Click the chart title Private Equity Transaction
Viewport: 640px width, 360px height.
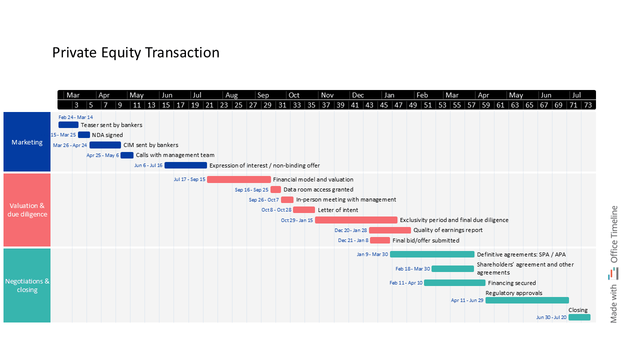tap(135, 52)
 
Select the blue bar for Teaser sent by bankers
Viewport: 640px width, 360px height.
tap(68, 125)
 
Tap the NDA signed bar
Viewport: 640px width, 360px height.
tap(84, 135)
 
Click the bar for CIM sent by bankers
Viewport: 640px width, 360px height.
tap(105, 145)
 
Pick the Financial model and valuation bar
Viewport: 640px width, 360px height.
tap(239, 179)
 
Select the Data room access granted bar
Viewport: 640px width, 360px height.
tap(275, 189)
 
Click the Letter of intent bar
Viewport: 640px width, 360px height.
tap(304, 210)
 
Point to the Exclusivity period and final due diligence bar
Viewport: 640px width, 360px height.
tap(356, 220)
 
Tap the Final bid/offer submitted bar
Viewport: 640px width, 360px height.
tap(380, 240)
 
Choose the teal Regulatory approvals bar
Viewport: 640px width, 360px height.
tap(527, 300)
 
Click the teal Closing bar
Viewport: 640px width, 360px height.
tap(579, 317)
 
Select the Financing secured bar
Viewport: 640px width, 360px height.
tap(454, 283)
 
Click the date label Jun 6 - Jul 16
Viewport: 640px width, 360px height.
tap(148, 165)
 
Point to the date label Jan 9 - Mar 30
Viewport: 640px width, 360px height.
tap(372, 254)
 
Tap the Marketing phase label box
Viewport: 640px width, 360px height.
tap(27, 142)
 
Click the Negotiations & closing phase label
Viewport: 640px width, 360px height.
tap(27, 285)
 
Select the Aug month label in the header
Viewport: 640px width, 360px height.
tap(231, 95)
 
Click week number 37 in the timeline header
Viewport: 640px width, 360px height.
tap(326, 105)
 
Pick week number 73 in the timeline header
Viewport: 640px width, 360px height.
tap(588, 105)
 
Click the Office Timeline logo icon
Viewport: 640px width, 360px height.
tap(613, 273)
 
